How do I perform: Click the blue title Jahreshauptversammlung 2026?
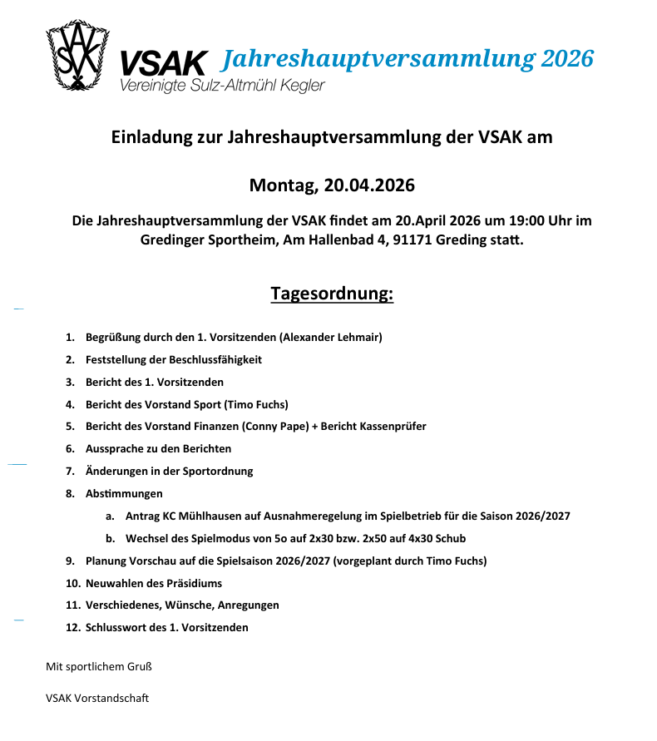(408, 59)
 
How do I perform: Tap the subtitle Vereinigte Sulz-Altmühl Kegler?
(222, 86)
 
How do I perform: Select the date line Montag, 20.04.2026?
(332, 185)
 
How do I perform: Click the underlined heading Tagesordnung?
(332, 294)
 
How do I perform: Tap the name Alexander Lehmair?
(330, 338)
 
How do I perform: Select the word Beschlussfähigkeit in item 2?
(215, 360)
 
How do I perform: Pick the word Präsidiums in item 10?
(195, 584)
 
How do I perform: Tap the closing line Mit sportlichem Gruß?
(98, 667)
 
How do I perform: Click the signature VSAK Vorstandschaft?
(97, 699)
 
